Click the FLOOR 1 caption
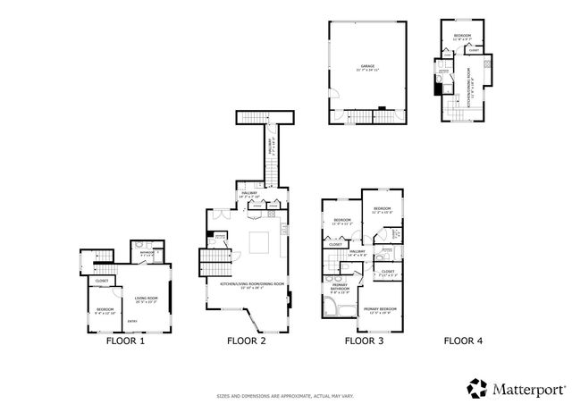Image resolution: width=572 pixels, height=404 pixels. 125,341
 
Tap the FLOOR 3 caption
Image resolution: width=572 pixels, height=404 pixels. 364,341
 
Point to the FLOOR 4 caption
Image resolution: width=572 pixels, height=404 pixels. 463,341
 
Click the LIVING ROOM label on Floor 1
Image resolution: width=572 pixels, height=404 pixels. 146,299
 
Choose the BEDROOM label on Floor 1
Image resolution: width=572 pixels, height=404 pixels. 105,309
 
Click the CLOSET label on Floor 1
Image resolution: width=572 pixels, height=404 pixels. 103,280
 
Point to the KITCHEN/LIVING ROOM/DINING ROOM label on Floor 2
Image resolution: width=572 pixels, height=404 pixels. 252,284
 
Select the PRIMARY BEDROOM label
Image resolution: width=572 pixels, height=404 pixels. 380,308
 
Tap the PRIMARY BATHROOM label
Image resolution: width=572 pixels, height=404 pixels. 341,288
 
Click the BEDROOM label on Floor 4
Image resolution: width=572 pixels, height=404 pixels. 460,35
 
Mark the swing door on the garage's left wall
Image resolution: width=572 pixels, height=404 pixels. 332,97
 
